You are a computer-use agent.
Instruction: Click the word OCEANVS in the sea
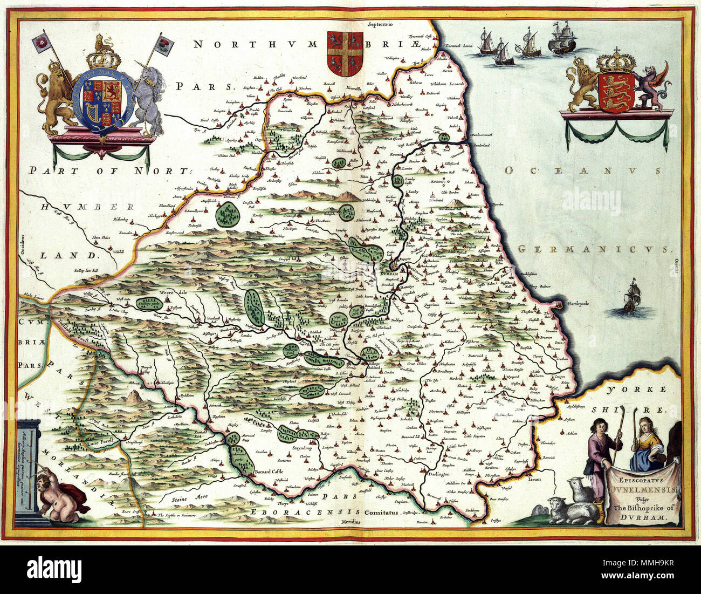[x=582, y=171]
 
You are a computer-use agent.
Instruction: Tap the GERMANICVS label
[x=593, y=249]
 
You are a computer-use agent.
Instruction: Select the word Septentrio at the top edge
[x=380, y=24]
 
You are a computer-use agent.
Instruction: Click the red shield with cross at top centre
[x=345, y=53]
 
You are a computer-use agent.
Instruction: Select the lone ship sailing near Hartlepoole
[x=633, y=298]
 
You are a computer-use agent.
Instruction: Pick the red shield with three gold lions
[x=616, y=91]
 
